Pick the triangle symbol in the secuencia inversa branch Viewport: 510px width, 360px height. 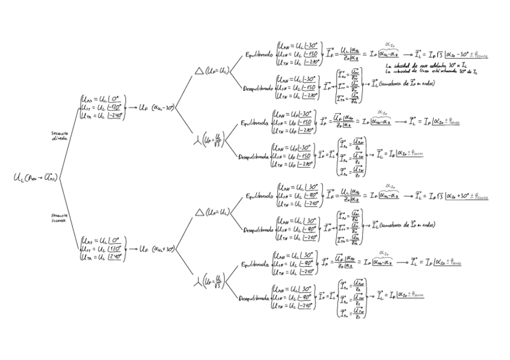tap(200, 212)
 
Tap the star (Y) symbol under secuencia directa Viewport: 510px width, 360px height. tap(198, 141)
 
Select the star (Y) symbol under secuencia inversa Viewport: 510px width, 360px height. tap(198, 281)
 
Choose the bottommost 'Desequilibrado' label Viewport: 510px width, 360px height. tap(255, 297)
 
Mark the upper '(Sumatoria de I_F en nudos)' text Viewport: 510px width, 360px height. tap(407, 83)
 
